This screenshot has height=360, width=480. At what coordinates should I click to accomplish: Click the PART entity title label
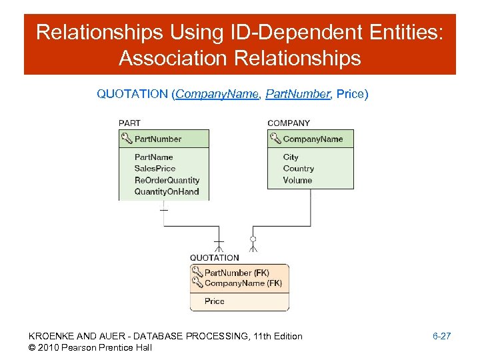point(129,123)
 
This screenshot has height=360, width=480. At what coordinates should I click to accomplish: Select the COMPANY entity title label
point(289,123)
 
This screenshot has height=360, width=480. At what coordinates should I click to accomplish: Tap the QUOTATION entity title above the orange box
point(214,258)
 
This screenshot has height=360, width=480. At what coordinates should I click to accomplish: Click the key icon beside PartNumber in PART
point(127,139)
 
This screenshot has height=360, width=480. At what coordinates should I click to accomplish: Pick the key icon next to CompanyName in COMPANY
point(275,139)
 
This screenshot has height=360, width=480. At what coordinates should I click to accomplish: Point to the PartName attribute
point(153,157)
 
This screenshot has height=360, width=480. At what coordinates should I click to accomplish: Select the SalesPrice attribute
point(155,169)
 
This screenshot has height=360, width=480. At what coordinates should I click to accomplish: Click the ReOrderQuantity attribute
point(167,180)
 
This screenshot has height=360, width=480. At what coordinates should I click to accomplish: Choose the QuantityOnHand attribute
point(167,191)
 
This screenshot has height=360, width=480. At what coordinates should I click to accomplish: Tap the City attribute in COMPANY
point(291,157)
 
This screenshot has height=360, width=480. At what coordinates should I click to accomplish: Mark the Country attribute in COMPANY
point(298,169)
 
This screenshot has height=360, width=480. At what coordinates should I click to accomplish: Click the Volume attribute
point(297,180)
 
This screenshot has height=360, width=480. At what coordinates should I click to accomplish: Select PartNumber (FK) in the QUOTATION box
point(237,273)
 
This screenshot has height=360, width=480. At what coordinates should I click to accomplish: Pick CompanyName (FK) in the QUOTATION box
point(243,283)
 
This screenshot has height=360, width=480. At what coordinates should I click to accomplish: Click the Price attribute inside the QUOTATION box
point(215,301)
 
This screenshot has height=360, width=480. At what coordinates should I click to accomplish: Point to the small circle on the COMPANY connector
point(253,239)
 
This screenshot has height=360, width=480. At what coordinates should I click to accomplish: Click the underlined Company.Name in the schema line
point(217,94)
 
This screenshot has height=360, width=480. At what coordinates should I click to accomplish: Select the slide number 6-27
point(441,336)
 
